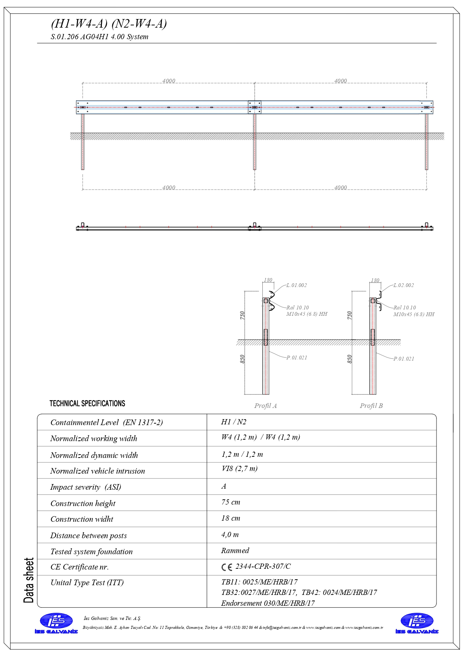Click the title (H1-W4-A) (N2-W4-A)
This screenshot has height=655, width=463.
109,24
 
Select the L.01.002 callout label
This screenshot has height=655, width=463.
297,286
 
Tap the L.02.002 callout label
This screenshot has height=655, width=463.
404,286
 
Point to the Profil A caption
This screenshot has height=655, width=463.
265,406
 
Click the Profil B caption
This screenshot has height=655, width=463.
371,406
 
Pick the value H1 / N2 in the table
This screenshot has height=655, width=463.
234,422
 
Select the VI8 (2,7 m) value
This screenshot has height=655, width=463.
240,469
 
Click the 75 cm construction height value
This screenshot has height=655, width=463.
231,502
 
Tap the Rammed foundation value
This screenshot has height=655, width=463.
235,550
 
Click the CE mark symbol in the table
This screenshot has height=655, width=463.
226,567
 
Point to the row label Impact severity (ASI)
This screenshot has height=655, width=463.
85,487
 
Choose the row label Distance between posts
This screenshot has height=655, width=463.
88,536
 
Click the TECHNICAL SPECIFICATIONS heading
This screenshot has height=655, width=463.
87,403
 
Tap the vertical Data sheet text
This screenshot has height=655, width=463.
29,580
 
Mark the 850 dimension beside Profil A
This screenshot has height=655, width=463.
243,359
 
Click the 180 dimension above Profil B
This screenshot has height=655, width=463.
375,280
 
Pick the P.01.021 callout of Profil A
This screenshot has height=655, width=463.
297,358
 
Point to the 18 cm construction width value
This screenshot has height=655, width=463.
231,518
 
